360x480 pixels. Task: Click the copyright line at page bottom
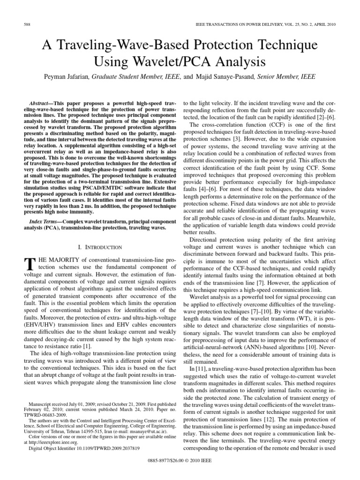(x=180, y=461)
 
